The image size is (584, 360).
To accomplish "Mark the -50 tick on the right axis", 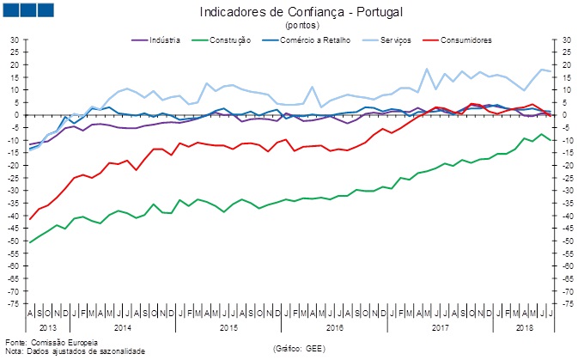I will [x=568, y=241].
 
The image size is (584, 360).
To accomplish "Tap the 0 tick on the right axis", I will [x=568, y=115].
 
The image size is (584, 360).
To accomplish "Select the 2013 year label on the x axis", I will [x=49, y=328].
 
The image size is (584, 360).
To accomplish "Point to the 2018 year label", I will [x=523, y=328].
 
